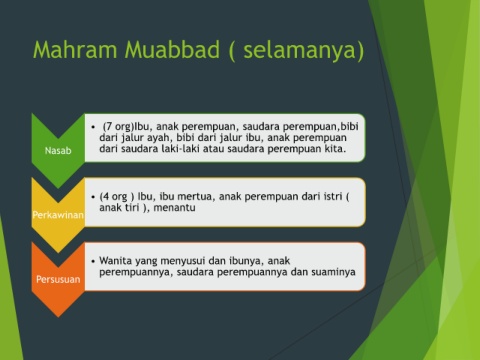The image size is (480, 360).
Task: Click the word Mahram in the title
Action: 75,49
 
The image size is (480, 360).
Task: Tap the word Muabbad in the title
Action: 172,49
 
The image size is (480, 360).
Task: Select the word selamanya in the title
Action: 299,51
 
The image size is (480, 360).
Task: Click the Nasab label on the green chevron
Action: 58,151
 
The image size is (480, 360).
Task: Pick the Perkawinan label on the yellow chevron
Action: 58,215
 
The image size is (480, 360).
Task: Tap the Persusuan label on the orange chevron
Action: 58,279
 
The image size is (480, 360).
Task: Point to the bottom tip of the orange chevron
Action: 58,317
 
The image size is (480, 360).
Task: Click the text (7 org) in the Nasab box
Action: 118,127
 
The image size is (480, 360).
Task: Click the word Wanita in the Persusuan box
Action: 114,260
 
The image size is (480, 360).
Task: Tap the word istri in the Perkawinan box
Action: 333,196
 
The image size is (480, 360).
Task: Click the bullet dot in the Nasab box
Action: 93,127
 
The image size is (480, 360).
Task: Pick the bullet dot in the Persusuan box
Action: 93,261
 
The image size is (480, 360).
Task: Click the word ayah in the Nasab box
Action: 158,138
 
